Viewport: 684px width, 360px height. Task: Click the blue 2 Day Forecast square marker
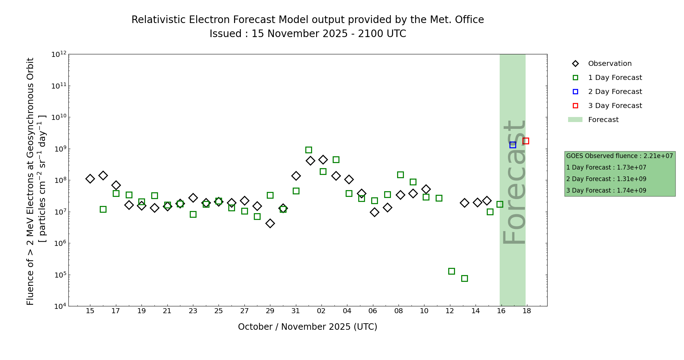click(513, 145)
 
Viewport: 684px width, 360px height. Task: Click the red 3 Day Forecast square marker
click(526, 141)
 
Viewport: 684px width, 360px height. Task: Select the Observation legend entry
click(609, 64)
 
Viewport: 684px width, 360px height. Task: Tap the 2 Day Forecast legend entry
click(615, 92)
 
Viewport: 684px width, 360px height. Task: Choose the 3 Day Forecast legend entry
click(615, 106)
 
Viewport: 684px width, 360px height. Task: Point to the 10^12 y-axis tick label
click(59, 54)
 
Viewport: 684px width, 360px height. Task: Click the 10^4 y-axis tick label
click(59, 306)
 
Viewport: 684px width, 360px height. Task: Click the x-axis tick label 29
click(270, 311)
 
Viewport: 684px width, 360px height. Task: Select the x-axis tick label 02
click(321, 311)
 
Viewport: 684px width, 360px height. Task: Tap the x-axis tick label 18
click(527, 311)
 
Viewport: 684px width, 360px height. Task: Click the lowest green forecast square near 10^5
click(464, 278)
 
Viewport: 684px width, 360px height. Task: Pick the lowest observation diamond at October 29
click(270, 223)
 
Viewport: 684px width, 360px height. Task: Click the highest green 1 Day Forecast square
click(309, 150)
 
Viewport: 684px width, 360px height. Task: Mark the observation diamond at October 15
click(90, 179)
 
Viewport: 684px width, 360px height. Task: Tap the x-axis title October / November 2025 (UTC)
click(307, 327)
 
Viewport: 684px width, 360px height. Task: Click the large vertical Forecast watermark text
click(514, 182)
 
